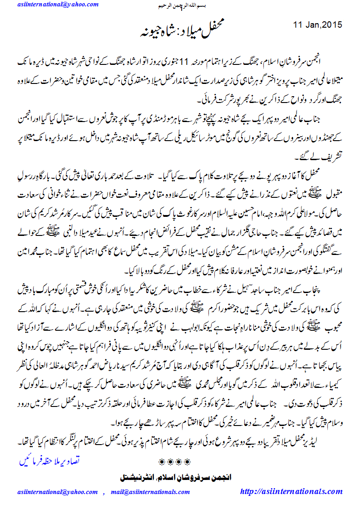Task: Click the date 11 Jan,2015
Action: (x=318, y=24)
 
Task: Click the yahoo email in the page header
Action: (x=58, y=5)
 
